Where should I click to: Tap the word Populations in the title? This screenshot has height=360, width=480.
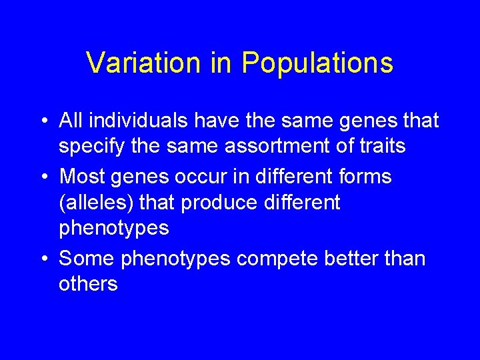[x=317, y=63]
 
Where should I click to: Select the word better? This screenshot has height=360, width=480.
[x=359, y=257]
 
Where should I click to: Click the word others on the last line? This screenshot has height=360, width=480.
[x=88, y=285]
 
